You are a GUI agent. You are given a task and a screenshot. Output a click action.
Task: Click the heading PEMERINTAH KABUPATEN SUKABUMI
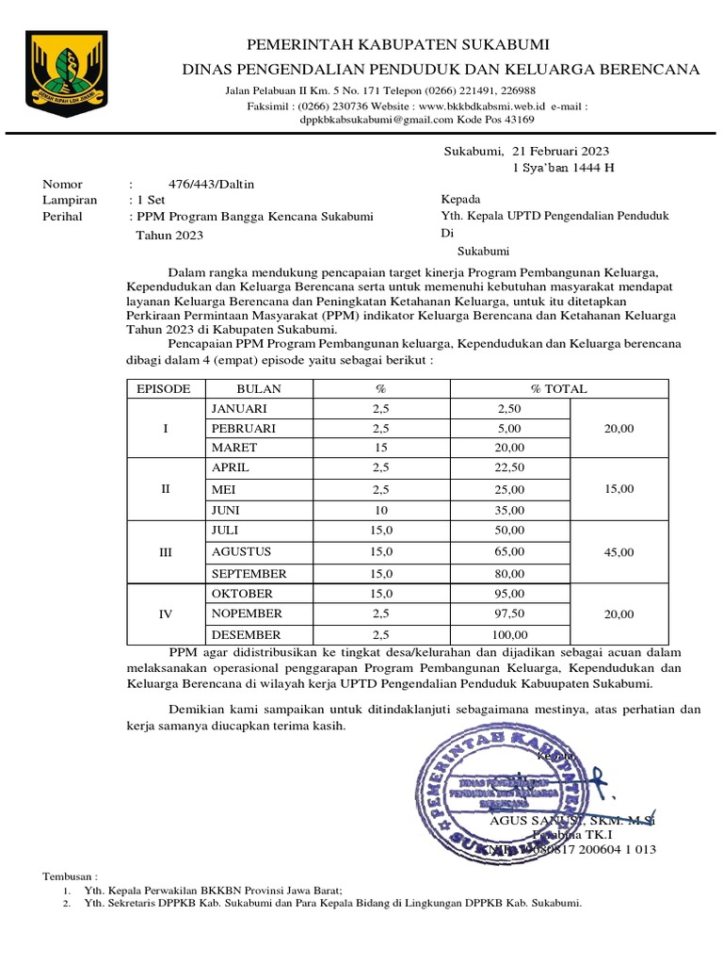tap(397, 45)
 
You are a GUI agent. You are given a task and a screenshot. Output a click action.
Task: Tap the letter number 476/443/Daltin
tap(198, 185)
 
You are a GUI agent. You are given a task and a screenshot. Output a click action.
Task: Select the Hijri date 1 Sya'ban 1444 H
tap(563, 168)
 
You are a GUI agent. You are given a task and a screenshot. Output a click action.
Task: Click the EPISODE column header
tap(164, 388)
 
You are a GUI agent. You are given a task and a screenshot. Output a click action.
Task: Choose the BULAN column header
tap(259, 388)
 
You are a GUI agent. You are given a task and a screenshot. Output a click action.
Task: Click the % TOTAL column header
tap(558, 388)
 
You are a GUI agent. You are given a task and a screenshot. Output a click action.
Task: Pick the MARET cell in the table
tap(234, 448)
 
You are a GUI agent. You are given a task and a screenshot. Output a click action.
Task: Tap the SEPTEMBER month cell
tap(249, 573)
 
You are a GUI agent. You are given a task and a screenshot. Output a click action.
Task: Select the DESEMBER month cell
tap(246, 634)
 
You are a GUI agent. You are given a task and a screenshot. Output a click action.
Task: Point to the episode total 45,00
tap(619, 552)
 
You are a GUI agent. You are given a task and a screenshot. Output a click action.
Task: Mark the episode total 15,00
tap(619, 489)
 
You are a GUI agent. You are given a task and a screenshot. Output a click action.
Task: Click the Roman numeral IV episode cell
tap(166, 613)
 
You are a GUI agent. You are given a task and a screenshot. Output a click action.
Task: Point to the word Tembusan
tap(75, 875)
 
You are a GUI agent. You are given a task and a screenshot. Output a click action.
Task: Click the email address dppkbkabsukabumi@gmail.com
tap(376, 120)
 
